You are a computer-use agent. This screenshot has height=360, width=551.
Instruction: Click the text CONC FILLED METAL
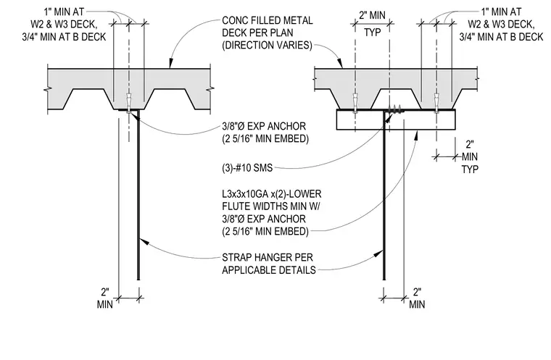268,20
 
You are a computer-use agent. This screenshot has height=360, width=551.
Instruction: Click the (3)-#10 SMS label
247,168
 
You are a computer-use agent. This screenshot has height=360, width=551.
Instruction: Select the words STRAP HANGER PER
268,257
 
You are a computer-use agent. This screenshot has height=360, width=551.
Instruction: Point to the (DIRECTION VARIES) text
267,46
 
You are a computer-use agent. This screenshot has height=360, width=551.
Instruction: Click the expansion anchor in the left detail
129,103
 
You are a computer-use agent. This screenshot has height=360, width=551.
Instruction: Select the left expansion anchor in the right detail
355,103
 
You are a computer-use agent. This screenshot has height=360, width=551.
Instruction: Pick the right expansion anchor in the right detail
436,103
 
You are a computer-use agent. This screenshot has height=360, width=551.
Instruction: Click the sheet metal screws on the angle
395,109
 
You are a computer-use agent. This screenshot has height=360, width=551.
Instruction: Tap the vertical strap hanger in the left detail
138,195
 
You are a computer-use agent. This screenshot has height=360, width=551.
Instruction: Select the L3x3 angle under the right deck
396,120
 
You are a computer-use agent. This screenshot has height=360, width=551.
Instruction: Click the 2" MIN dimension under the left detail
104,298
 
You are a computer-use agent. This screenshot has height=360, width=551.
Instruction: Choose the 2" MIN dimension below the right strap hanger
417,298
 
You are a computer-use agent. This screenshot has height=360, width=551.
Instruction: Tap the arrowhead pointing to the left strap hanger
144,241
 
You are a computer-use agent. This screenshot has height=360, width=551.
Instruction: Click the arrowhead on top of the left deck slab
171,64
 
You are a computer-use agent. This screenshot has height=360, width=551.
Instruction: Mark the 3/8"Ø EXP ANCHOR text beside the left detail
264,126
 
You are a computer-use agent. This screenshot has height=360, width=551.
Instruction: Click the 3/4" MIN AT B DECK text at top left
64,37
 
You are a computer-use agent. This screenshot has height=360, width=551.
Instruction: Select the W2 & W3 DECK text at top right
501,24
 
